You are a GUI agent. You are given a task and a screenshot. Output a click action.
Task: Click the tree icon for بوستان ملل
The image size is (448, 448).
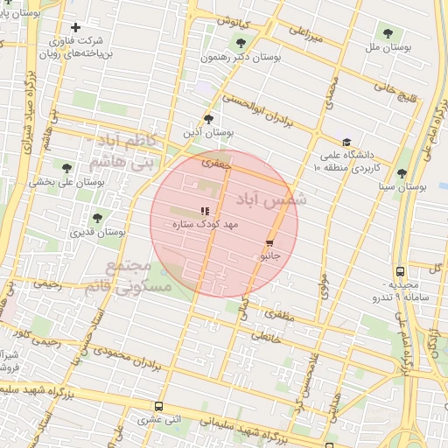point(388,34)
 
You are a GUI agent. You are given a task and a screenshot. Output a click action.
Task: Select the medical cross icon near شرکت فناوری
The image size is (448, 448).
point(76,28)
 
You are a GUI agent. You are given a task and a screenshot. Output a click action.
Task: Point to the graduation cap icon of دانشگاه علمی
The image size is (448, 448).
point(347,143)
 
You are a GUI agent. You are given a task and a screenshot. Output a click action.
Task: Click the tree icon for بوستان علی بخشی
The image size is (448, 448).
point(66,168)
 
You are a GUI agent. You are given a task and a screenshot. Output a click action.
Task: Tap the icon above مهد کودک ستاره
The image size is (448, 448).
point(205,211)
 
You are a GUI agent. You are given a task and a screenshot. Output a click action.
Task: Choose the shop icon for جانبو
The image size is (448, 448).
point(269,244)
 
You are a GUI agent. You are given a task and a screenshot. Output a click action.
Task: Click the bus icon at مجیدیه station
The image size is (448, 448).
point(400,271)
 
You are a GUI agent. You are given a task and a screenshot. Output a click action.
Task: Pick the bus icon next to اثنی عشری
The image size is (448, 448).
point(158,406)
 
